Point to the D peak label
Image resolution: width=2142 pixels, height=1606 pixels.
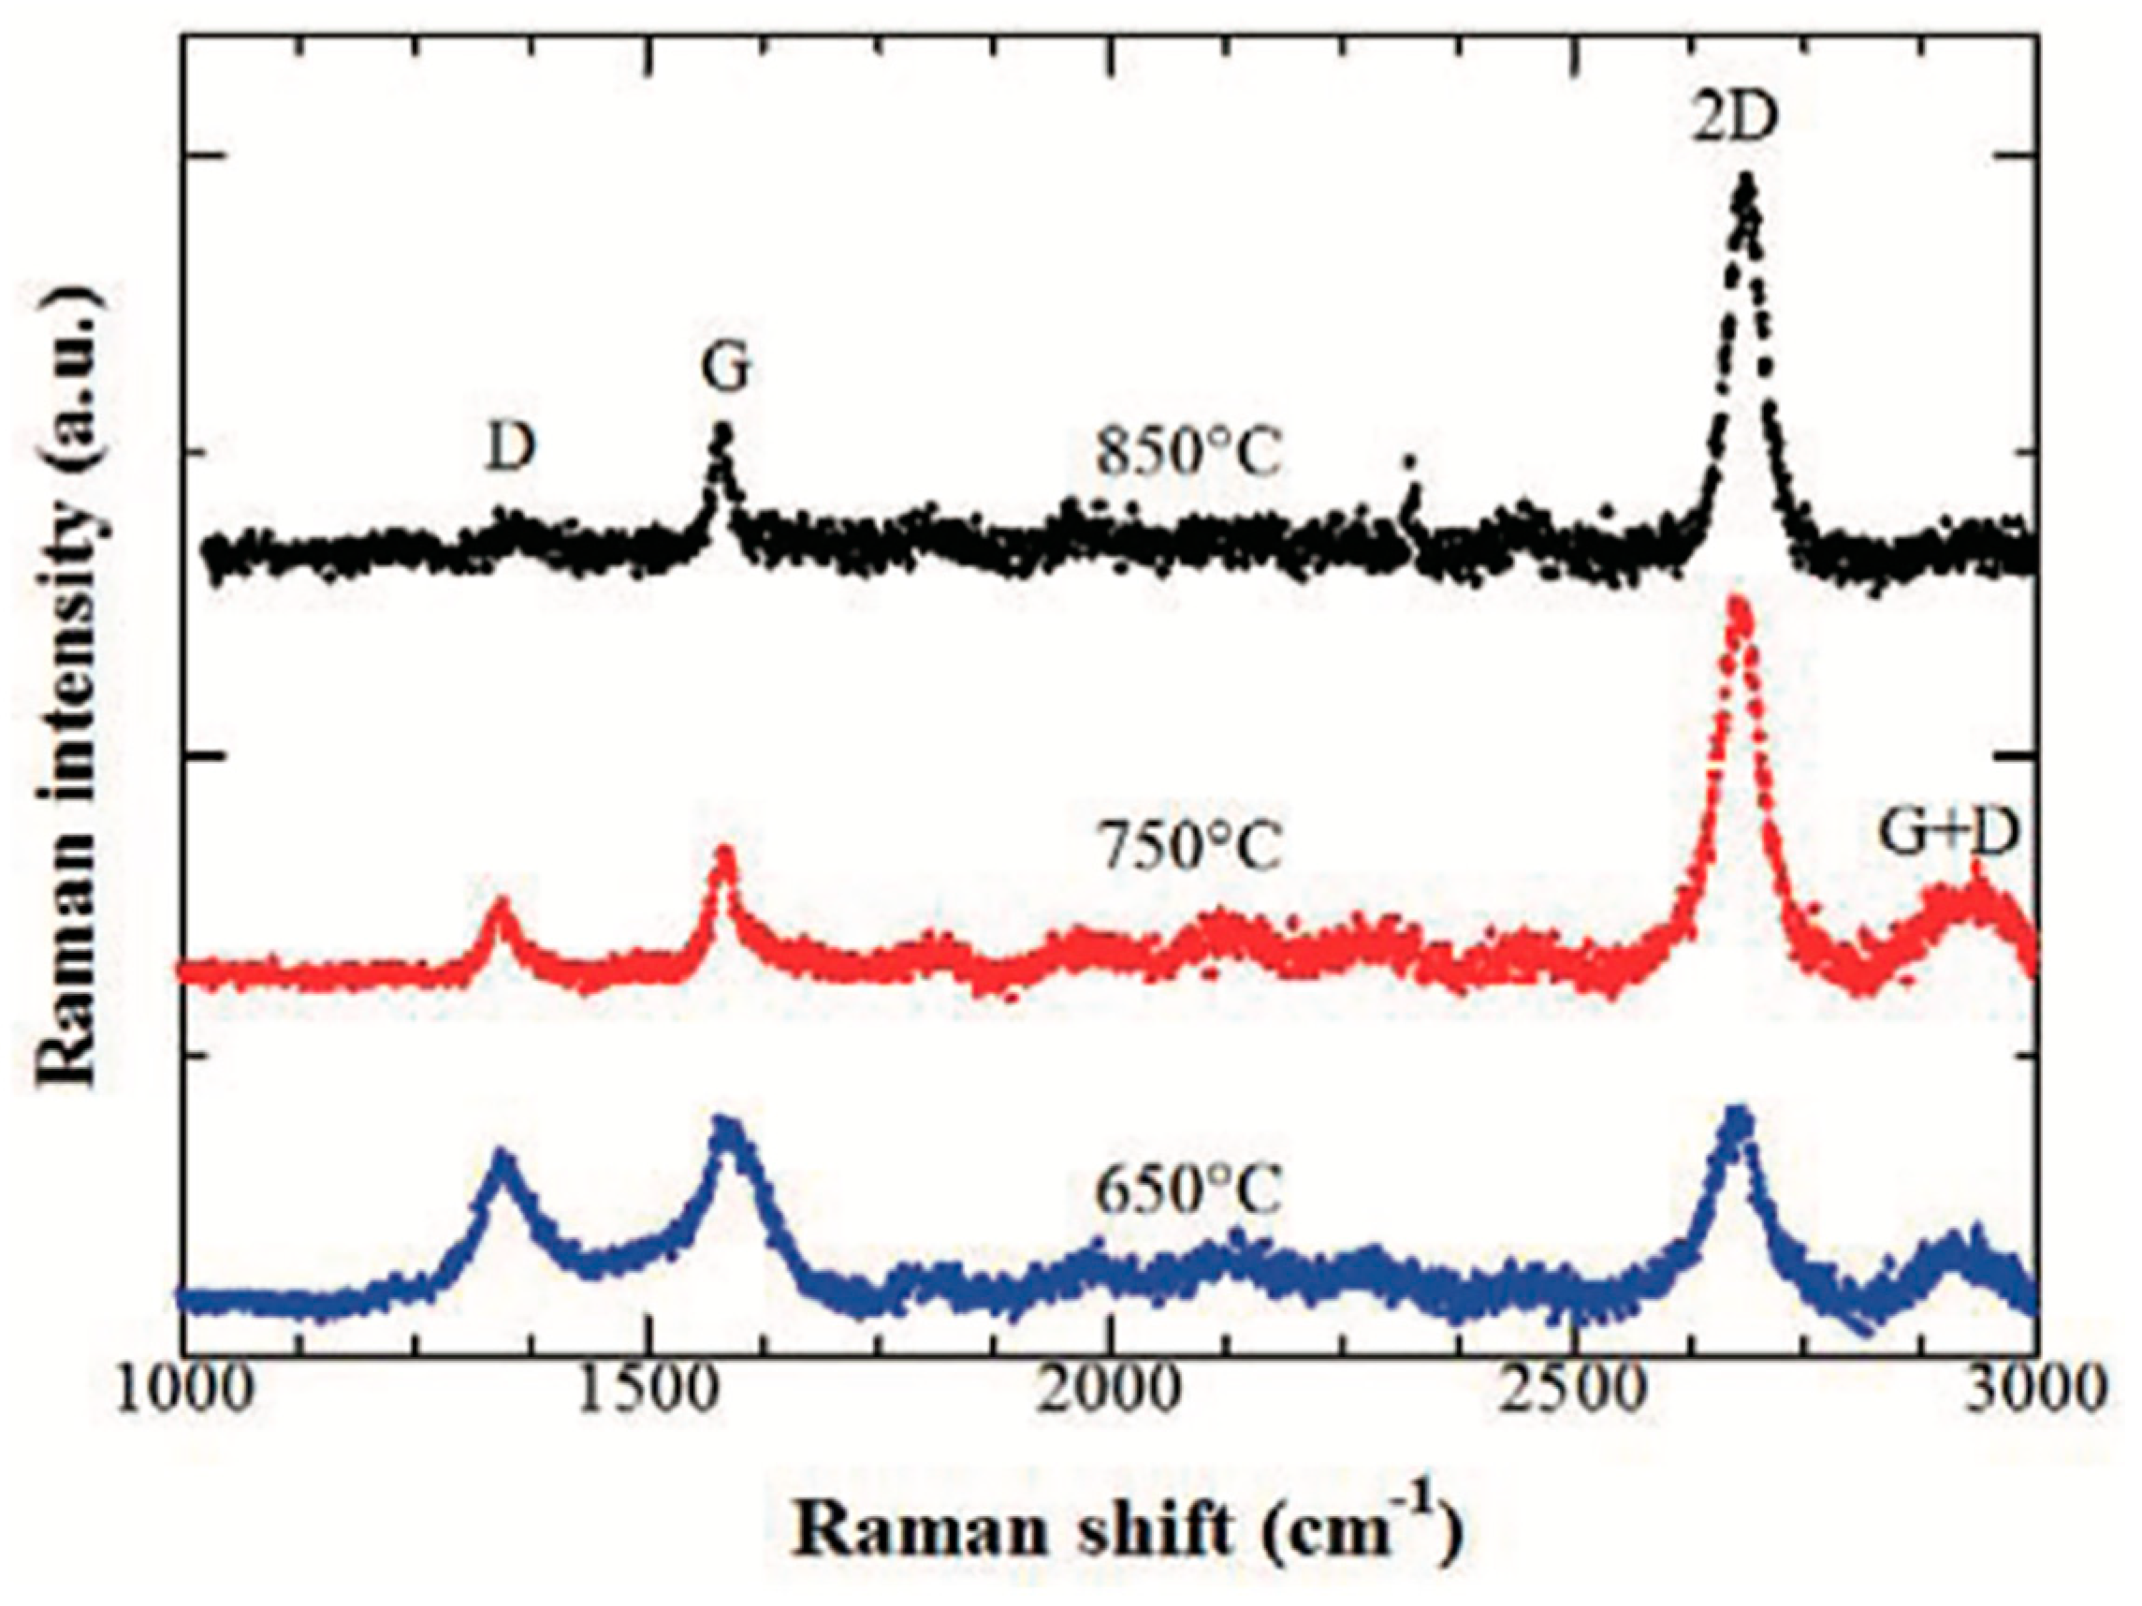(x=510, y=448)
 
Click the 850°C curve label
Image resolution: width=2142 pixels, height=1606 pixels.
(x=1189, y=453)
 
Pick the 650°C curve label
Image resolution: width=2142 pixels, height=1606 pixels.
(x=1189, y=1190)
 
